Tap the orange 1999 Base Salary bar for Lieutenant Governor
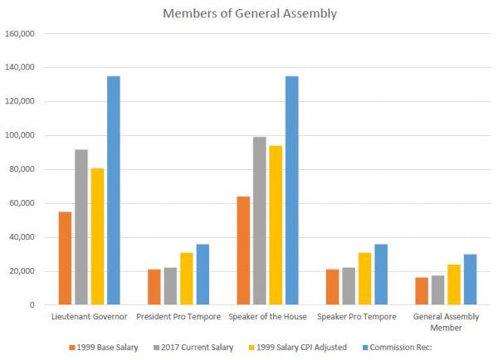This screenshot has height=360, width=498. tap(65, 258)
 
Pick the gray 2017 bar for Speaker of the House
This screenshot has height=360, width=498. tap(260, 221)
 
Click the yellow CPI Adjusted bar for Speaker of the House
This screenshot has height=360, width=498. tap(276, 225)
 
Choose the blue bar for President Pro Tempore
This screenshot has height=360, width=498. tap(203, 275)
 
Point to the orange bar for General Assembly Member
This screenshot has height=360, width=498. tap(422, 291)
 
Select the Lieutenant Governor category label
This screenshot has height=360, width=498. tap(89, 317)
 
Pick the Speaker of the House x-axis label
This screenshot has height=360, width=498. tap(267, 317)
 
